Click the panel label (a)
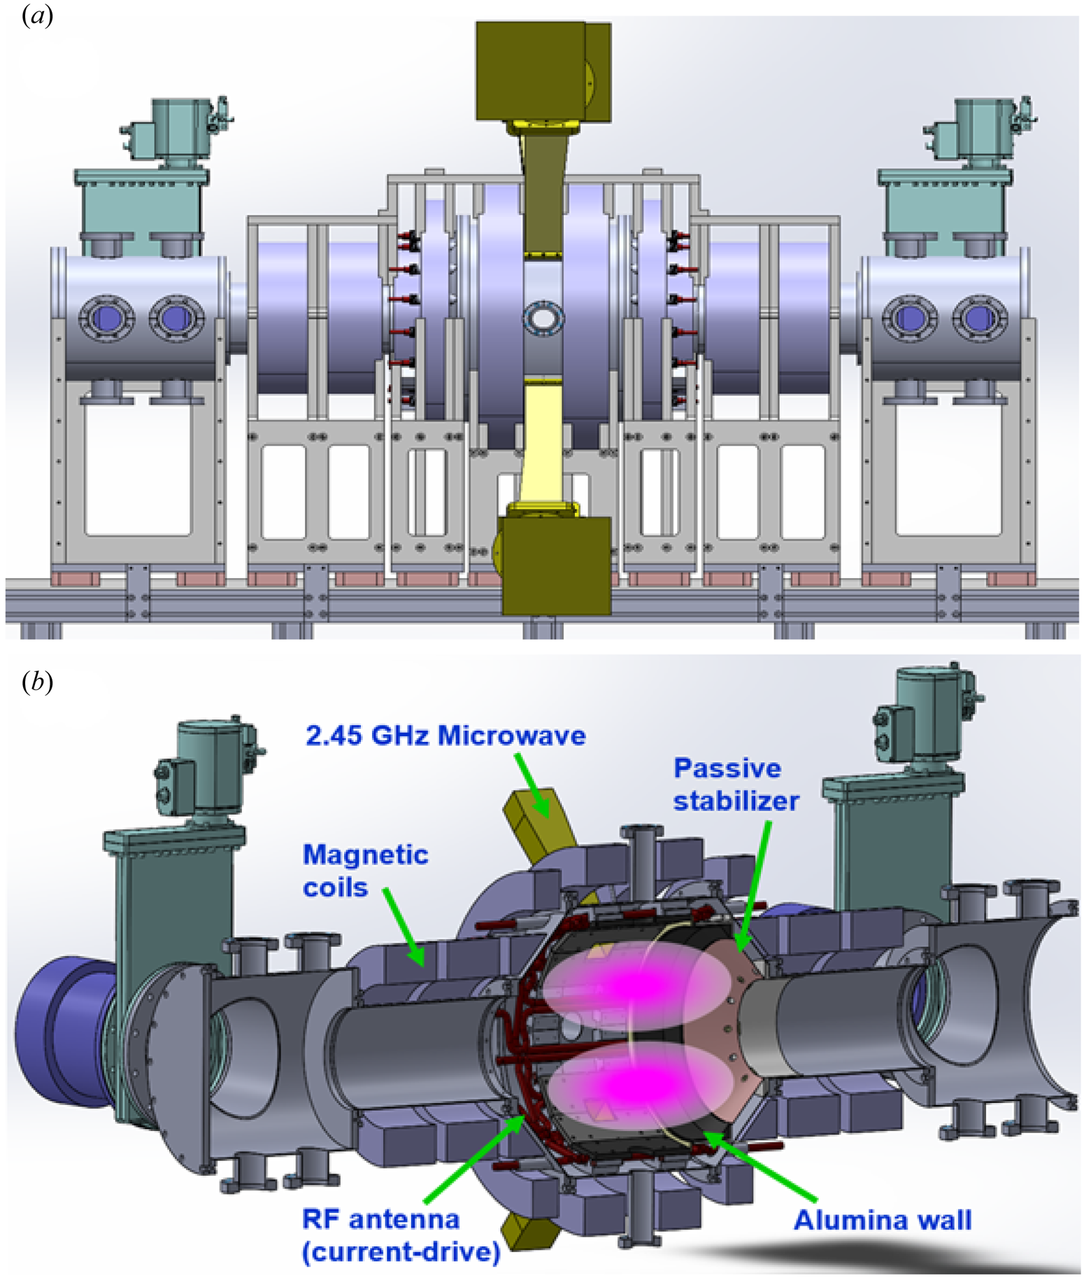(37, 16)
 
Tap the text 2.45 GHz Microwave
(445, 736)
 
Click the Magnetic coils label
(364, 871)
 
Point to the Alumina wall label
(882, 1221)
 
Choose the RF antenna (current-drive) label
(401, 1235)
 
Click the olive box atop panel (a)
(543, 70)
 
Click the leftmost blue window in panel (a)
(103, 319)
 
